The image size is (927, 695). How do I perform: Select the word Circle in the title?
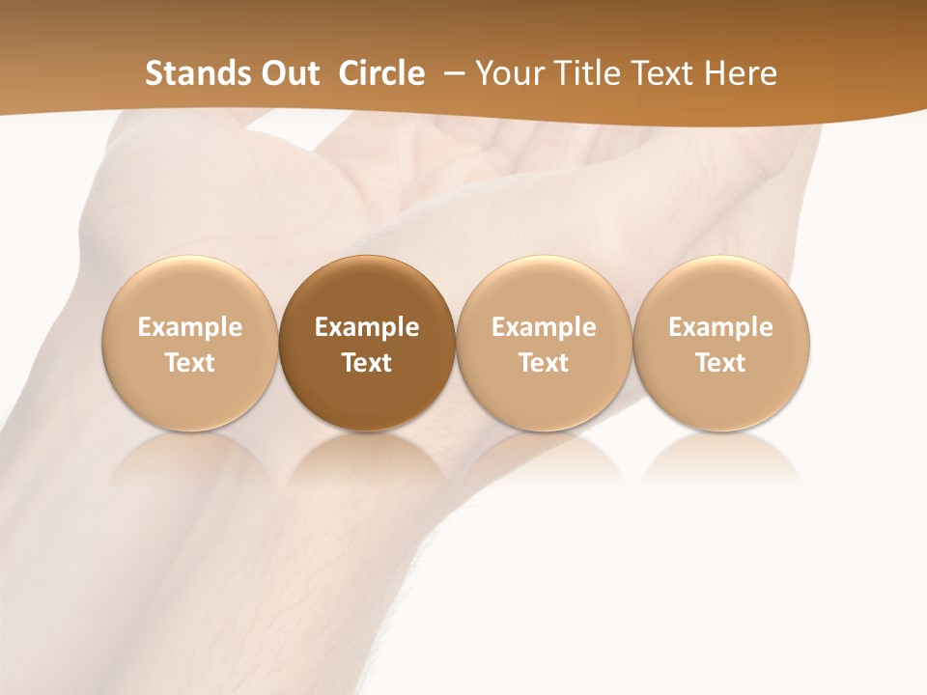pyautogui.click(x=381, y=73)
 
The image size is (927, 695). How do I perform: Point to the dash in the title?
pyautogui.click(x=452, y=74)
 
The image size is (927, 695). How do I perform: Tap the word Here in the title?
pyautogui.click(x=741, y=73)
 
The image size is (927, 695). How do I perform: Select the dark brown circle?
pyautogui.click(x=367, y=343)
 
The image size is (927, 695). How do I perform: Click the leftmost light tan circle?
pyautogui.click(x=189, y=343)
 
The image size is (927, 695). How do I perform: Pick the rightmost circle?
pyautogui.click(x=721, y=343)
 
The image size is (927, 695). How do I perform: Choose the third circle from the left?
pyautogui.click(x=544, y=343)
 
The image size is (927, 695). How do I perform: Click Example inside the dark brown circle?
pyautogui.click(x=367, y=327)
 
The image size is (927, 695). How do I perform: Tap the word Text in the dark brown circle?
pyautogui.click(x=367, y=363)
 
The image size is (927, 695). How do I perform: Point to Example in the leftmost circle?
pyautogui.click(x=189, y=327)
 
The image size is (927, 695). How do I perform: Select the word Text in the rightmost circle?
pyautogui.click(x=721, y=363)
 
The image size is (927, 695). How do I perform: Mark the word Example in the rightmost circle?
pyautogui.click(x=721, y=327)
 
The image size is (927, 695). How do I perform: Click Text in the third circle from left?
pyautogui.click(x=544, y=363)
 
